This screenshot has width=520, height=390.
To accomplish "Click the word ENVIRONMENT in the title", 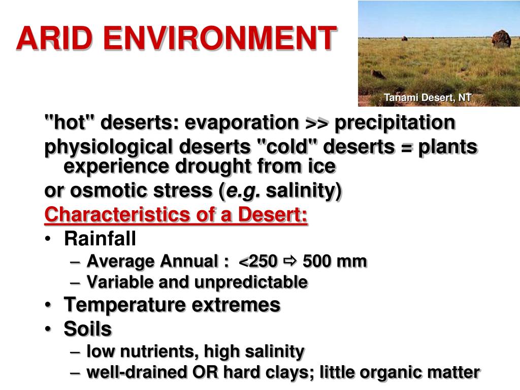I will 213,39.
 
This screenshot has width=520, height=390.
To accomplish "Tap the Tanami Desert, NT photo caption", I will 428,97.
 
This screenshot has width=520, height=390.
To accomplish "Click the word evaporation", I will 241,123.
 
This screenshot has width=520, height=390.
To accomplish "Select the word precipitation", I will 395,123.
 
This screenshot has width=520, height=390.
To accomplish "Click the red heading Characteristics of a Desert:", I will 176,215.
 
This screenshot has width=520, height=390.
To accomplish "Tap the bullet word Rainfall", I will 100,238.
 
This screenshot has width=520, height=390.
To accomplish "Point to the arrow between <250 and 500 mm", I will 290,262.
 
